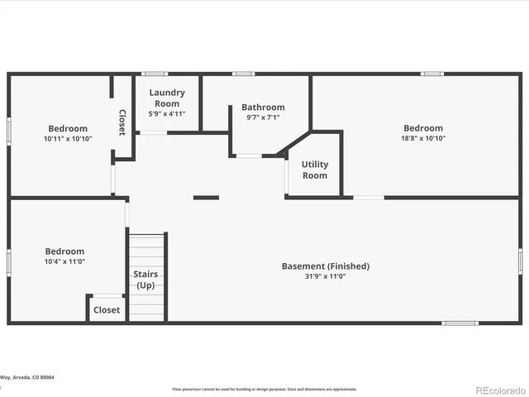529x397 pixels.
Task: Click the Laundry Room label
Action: (167, 98)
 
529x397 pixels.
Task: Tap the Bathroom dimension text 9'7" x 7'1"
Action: (263, 117)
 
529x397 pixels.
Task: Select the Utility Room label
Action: (314, 170)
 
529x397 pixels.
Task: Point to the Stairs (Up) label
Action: (145, 280)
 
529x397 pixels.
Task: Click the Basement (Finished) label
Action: (325, 266)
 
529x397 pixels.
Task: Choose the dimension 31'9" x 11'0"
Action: (325, 276)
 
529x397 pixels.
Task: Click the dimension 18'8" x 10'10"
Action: (422, 138)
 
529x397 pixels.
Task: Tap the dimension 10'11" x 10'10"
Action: (67, 139)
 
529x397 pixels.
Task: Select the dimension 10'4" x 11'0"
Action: (64, 261)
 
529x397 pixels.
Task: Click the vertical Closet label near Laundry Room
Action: (122, 122)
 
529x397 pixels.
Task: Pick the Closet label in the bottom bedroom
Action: (107, 310)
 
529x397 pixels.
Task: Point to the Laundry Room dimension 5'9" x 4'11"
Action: (167, 113)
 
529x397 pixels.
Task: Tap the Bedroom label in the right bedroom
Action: (422, 128)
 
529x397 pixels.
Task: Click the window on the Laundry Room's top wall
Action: (155, 74)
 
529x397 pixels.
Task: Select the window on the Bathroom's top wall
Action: (243, 74)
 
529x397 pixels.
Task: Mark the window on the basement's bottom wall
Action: (460, 323)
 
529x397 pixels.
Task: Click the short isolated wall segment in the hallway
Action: (206, 198)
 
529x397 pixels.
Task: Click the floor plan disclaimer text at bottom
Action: (264, 389)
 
